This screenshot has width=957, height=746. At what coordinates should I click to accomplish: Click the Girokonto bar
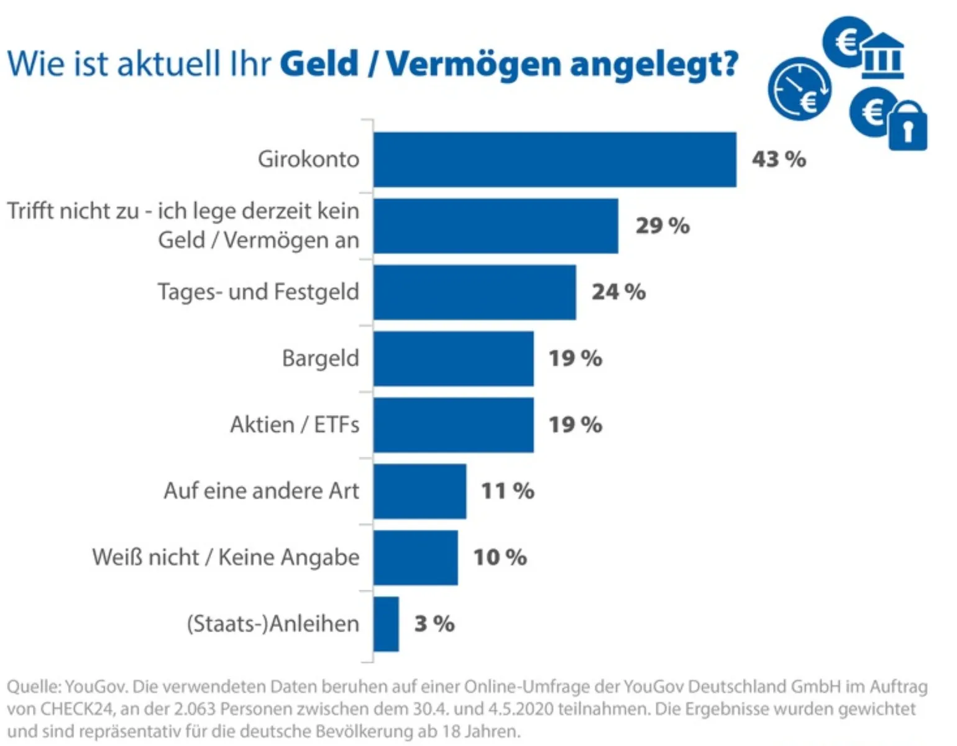click(x=554, y=160)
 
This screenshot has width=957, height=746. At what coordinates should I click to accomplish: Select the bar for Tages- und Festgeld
click(x=474, y=292)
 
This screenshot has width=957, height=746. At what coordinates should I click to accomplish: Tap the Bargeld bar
click(x=453, y=359)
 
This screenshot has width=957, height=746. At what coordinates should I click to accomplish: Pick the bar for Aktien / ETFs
click(x=453, y=425)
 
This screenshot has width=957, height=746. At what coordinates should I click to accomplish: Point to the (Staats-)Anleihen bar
click(x=386, y=624)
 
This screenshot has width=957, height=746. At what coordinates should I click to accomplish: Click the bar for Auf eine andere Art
click(x=419, y=491)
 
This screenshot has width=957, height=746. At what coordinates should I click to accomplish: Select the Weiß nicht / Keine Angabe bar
click(x=415, y=558)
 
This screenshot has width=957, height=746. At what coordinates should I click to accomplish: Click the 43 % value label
click(x=779, y=160)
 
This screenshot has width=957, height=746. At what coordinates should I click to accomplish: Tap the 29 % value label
click(x=662, y=226)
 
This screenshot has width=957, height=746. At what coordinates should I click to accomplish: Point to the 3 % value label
click(x=434, y=624)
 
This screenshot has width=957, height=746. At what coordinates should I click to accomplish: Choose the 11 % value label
click(x=507, y=491)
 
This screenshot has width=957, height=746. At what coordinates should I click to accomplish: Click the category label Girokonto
click(x=308, y=160)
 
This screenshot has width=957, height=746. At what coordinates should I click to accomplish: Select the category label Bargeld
click(x=320, y=359)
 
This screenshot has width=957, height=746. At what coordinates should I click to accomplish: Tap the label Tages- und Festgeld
click(x=258, y=292)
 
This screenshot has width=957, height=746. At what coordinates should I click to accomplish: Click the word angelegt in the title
click(x=654, y=65)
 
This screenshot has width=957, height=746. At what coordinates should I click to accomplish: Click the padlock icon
click(x=907, y=126)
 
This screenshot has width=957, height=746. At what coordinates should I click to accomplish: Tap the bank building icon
click(x=882, y=56)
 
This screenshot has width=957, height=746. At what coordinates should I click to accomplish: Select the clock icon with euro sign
click(x=799, y=89)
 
